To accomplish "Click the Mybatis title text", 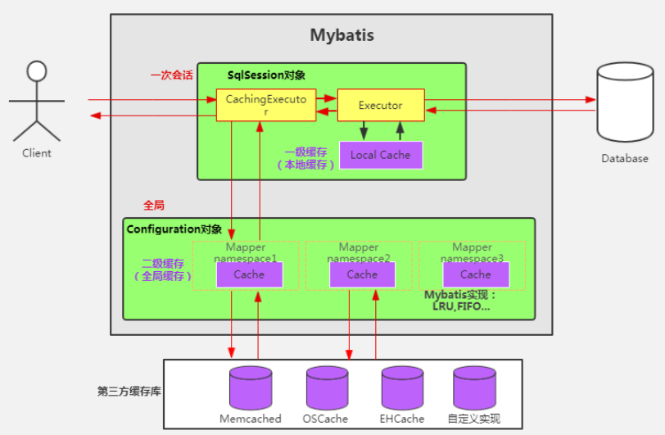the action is coord(342,34).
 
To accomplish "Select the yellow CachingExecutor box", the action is coord(266,105).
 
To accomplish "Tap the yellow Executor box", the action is coord(381,105).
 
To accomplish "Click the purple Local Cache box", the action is coord(381,155).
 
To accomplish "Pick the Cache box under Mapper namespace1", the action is coord(249,274).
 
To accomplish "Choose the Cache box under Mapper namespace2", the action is coord(362,274).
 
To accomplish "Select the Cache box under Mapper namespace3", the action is coord(476,274).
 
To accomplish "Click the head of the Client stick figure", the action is coord(37,71).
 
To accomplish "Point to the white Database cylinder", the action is coord(625,102).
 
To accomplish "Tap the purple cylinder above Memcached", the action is coord(251,388).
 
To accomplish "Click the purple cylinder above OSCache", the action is coord(328,388).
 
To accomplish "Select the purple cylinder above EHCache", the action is coord(402,388).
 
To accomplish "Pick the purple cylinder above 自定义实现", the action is coord(474,388).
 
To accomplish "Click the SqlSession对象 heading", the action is coord(266,75).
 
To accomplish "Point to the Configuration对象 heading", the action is coord(174,229).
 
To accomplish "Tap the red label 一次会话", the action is coord(172,75).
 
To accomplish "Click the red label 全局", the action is coord(153,206).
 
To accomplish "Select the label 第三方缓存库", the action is coord(129,392).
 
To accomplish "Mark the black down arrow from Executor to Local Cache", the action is coord(364,131).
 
